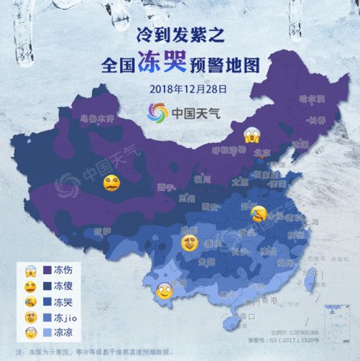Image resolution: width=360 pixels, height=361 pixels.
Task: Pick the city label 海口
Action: (246, 315)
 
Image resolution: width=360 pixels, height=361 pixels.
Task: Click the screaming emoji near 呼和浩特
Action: (251, 133)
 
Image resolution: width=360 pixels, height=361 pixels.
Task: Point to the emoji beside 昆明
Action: (164, 291)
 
